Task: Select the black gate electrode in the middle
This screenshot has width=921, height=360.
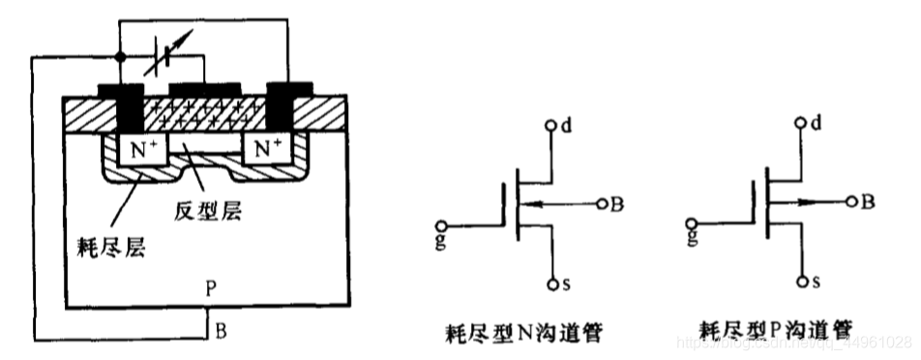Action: [x=205, y=91]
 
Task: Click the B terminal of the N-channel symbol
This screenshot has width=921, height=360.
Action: [x=602, y=204]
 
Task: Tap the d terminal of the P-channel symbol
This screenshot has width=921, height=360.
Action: [x=802, y=123]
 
